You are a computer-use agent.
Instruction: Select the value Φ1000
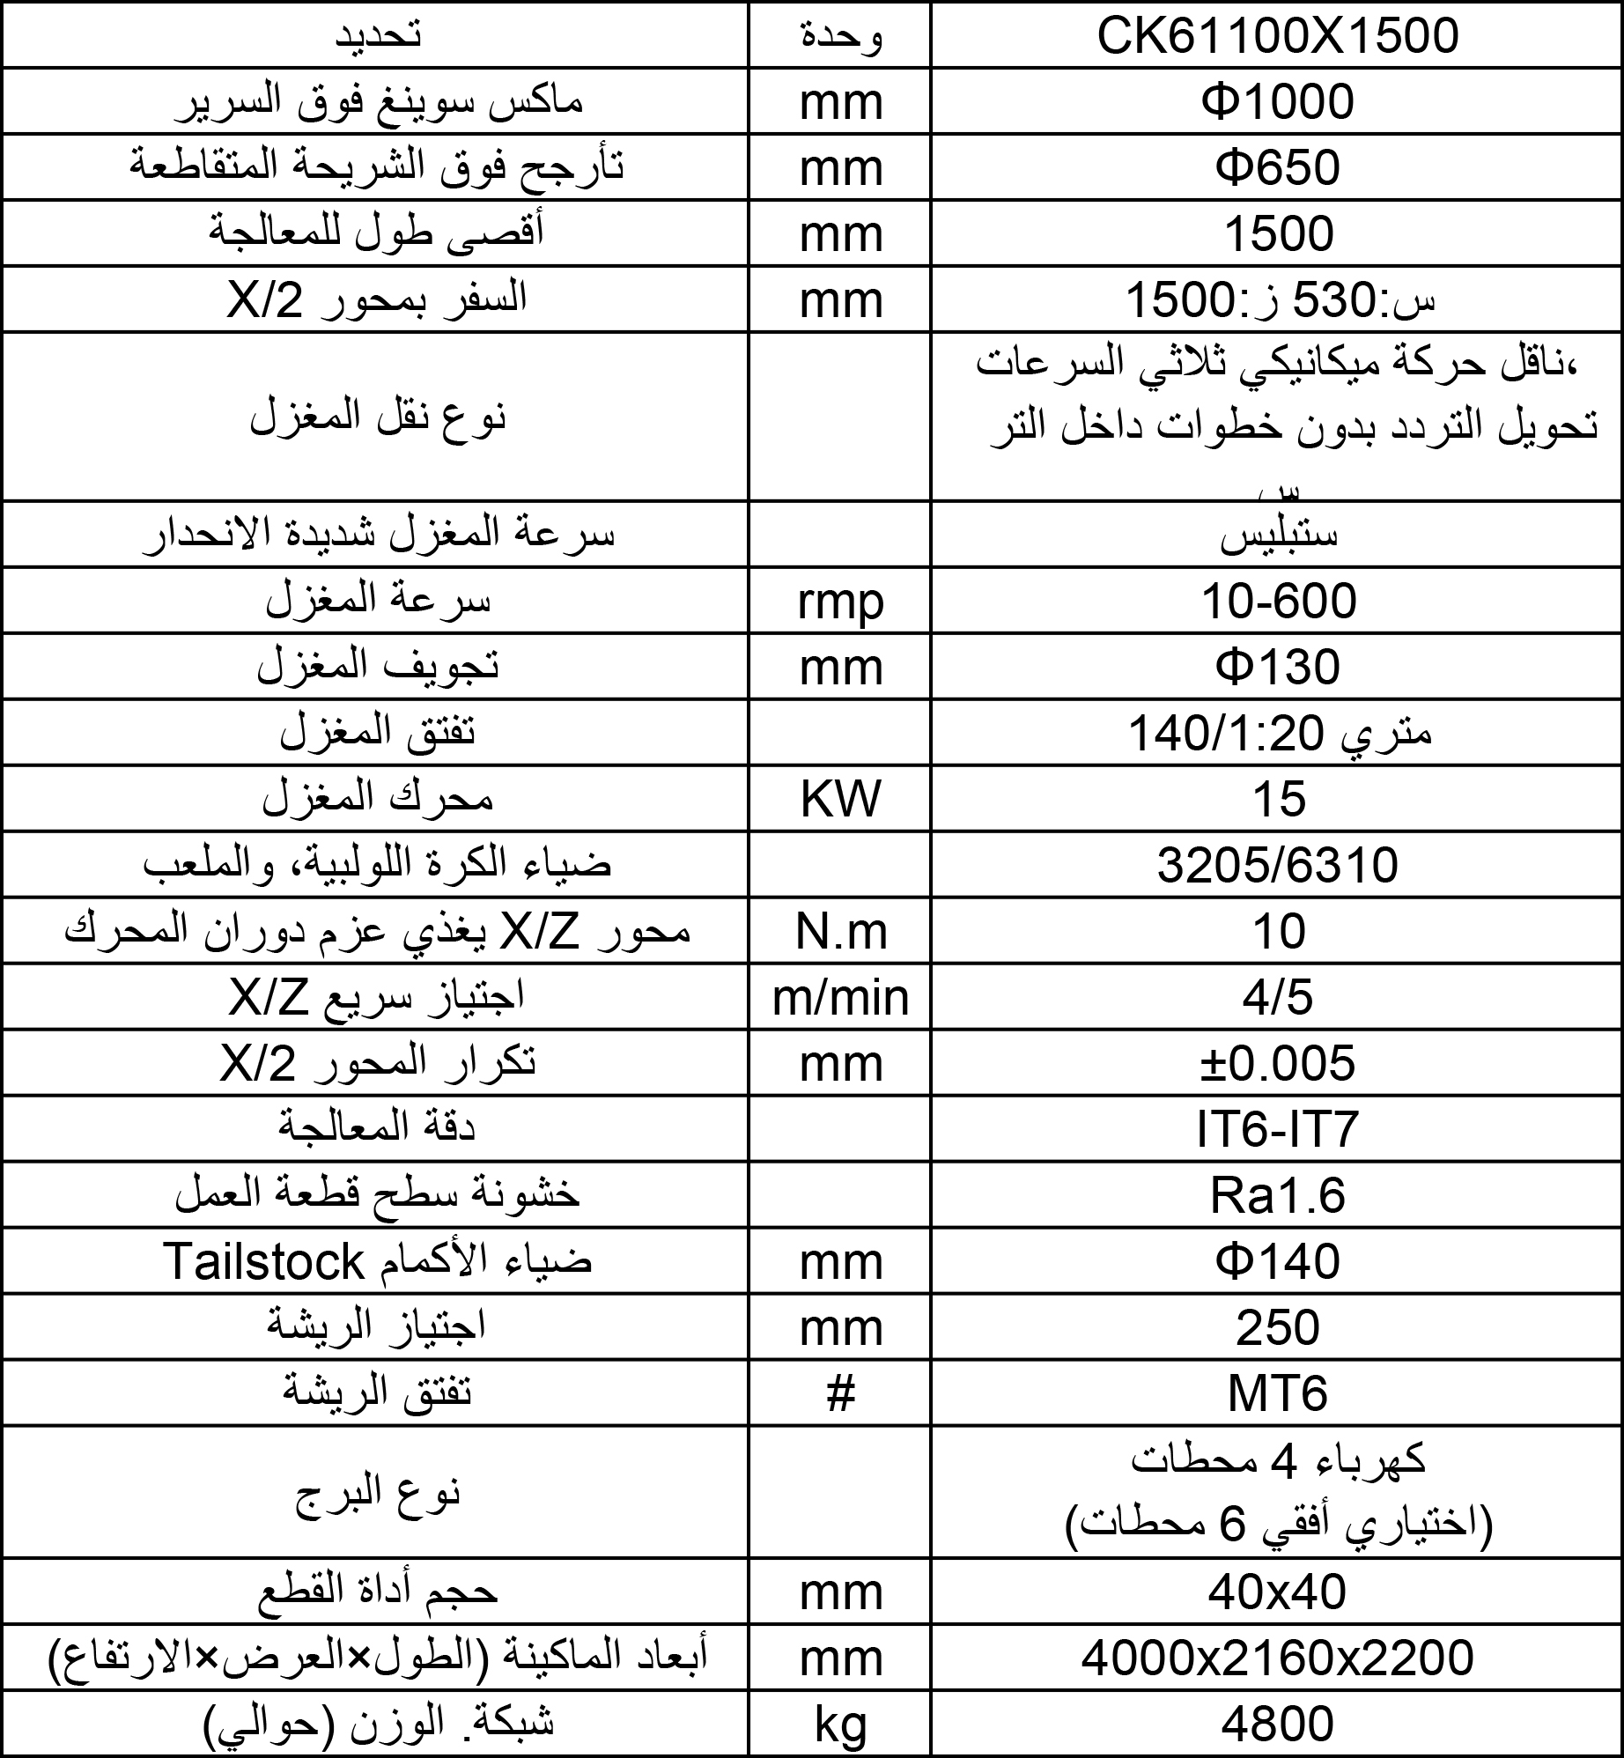pos(1278,102)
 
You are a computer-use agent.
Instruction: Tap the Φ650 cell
pos(1278,168)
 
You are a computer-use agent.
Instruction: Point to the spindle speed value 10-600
pos(1280,602)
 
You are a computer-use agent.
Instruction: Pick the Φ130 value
pos(1278,668)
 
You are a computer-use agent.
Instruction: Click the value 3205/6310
pos(1278,866)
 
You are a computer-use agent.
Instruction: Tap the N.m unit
pos(840,932)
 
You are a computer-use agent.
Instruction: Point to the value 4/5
pos(1278,998)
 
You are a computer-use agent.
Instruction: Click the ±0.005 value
pos(1278,1064)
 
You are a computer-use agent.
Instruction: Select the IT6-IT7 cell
pos(1278,1130)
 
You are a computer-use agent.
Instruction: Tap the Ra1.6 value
pos(1278,1196)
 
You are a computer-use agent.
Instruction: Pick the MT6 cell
pos(1278,1394)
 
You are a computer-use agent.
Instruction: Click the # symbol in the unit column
pos(840,1394)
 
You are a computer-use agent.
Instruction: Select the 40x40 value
pos(1278,1593)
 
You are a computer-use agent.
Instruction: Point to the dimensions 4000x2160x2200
pos(1278,1659)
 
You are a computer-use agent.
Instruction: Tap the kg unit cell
pos(840,1725)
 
